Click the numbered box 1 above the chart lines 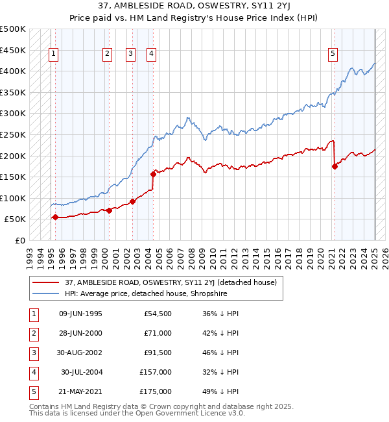[53, 55]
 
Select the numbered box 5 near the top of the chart [333, 55]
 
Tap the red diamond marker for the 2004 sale [154, 173]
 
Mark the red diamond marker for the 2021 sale [335, 166]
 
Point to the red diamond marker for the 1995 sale [55, 217]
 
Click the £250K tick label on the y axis [13, 134]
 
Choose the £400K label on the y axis [13, 71]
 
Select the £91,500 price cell [158, 353]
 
